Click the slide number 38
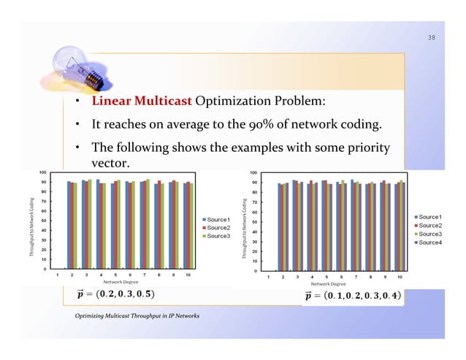(x=432, y=37)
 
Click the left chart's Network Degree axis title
(x=122, y=281)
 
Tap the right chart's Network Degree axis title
(x=332, y=284)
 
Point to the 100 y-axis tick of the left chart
(x=44, y=172)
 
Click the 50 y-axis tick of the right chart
(x=253, y=222)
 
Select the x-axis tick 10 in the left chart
(x=188, y=275)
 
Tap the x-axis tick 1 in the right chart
(x=268, y=277)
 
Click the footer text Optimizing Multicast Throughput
(x=137, y=315)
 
